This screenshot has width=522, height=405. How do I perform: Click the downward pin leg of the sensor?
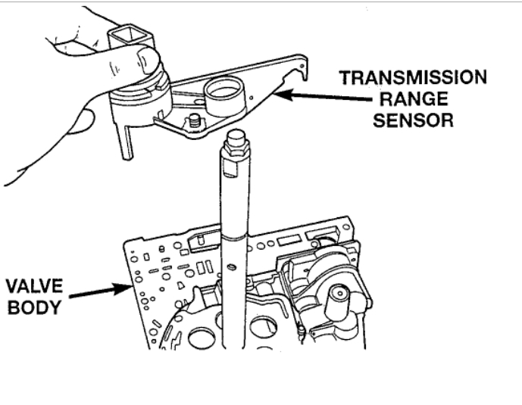click(x=123, y=144)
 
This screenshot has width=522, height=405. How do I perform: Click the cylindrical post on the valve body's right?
click(x=339, y=303)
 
